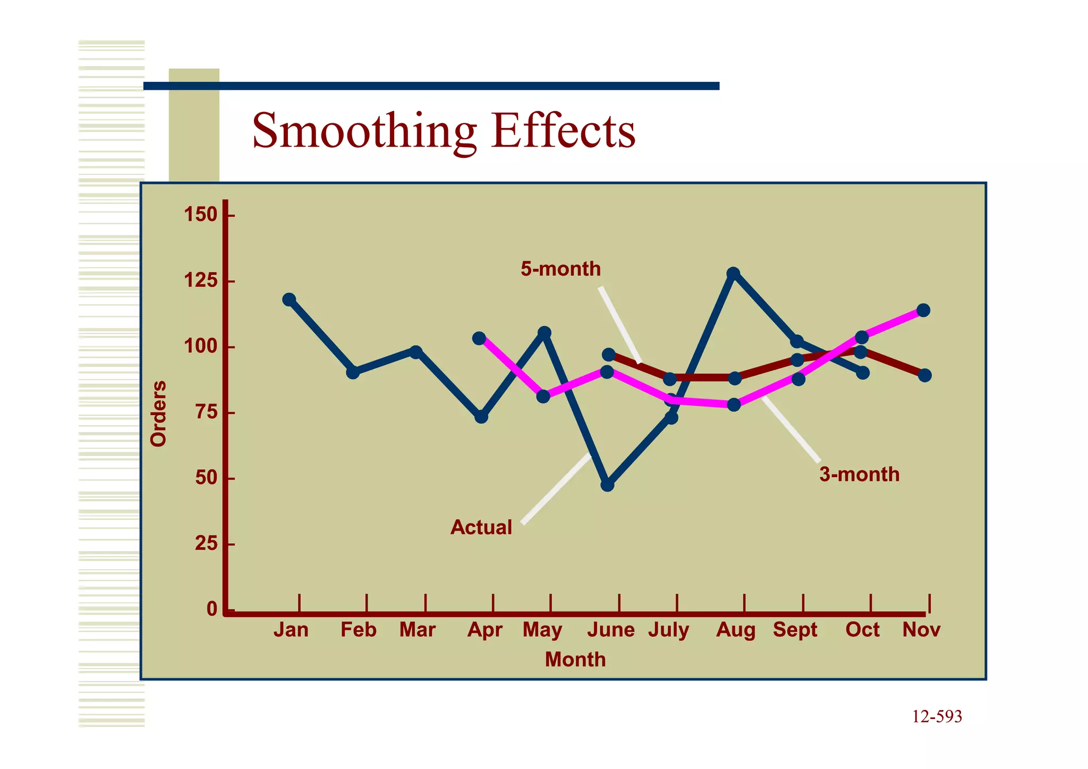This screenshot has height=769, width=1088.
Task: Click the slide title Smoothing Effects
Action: pos(444,131)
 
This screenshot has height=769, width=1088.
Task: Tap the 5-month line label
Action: pos(560,269)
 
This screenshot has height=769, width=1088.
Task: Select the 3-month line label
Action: pos(859,474)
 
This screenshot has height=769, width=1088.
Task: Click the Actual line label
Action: pos(481,527)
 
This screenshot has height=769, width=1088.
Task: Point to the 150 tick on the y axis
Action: pos(200,215)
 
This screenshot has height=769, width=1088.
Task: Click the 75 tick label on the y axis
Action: pos(207,412)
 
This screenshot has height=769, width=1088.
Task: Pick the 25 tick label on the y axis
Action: pos(207,544)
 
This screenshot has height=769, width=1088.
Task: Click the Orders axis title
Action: pos(158,413)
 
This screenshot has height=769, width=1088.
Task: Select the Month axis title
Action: pos(575,660)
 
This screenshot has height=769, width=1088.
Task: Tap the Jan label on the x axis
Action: pos(291,630)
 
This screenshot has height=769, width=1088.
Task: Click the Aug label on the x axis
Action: pos(735,630)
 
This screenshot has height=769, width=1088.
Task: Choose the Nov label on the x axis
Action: pos(921,630)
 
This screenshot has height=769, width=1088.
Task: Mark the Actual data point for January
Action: pos(289,299)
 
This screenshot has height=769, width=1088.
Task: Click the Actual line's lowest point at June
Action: pos(608,485)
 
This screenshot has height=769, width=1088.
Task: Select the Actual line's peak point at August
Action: pos(733,274)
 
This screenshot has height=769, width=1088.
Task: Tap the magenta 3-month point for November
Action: pos(923,310)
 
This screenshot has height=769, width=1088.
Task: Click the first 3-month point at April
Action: pos(479,338)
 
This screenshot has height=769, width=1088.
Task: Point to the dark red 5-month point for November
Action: pos(924,375)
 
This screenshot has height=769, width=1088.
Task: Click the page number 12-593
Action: pos(937,716)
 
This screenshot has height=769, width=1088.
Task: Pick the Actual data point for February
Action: pos(353,372)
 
